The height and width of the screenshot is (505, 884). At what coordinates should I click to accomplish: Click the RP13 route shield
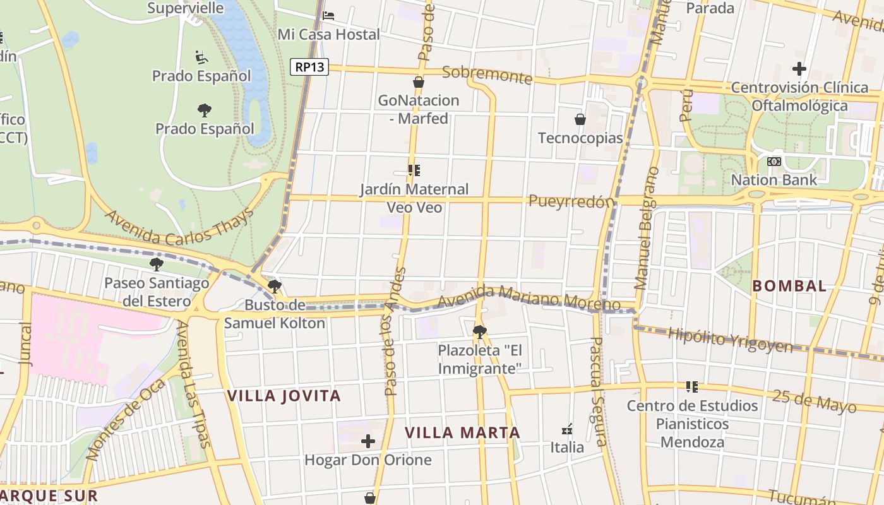[x=309, y=66]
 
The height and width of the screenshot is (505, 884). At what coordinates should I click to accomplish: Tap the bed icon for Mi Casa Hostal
[x=328, y=16]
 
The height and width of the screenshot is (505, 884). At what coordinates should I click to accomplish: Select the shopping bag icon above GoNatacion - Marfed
[x=418, y=82]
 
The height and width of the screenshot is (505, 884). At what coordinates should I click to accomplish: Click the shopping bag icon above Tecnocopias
[x=580, y=119]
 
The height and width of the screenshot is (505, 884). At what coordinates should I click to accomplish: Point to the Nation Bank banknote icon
[x=773, y=162]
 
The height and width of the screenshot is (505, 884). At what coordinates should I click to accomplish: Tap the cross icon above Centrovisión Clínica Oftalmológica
[x=799, y=68]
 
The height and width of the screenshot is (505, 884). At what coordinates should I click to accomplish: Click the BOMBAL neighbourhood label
[x=789, y=286]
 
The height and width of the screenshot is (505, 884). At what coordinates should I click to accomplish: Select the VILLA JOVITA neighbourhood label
[x=284, y=396]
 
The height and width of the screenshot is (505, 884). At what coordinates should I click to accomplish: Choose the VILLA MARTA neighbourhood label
[x=462, y=432]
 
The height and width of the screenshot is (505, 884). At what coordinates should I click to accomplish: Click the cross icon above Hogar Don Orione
[x=367, y=441]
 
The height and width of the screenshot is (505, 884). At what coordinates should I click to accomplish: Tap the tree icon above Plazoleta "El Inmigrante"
[x=479, y=331]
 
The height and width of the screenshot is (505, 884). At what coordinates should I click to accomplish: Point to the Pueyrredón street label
[x=571, y=201]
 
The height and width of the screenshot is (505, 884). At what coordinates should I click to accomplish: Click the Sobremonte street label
[x=487, y=74]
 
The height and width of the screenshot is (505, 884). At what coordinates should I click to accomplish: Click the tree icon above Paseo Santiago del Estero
[x=156, y=264]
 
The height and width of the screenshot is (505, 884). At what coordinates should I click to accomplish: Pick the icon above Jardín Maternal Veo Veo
[x=414, y=170]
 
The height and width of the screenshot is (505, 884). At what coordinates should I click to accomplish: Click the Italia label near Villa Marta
[x=567, y=447]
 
